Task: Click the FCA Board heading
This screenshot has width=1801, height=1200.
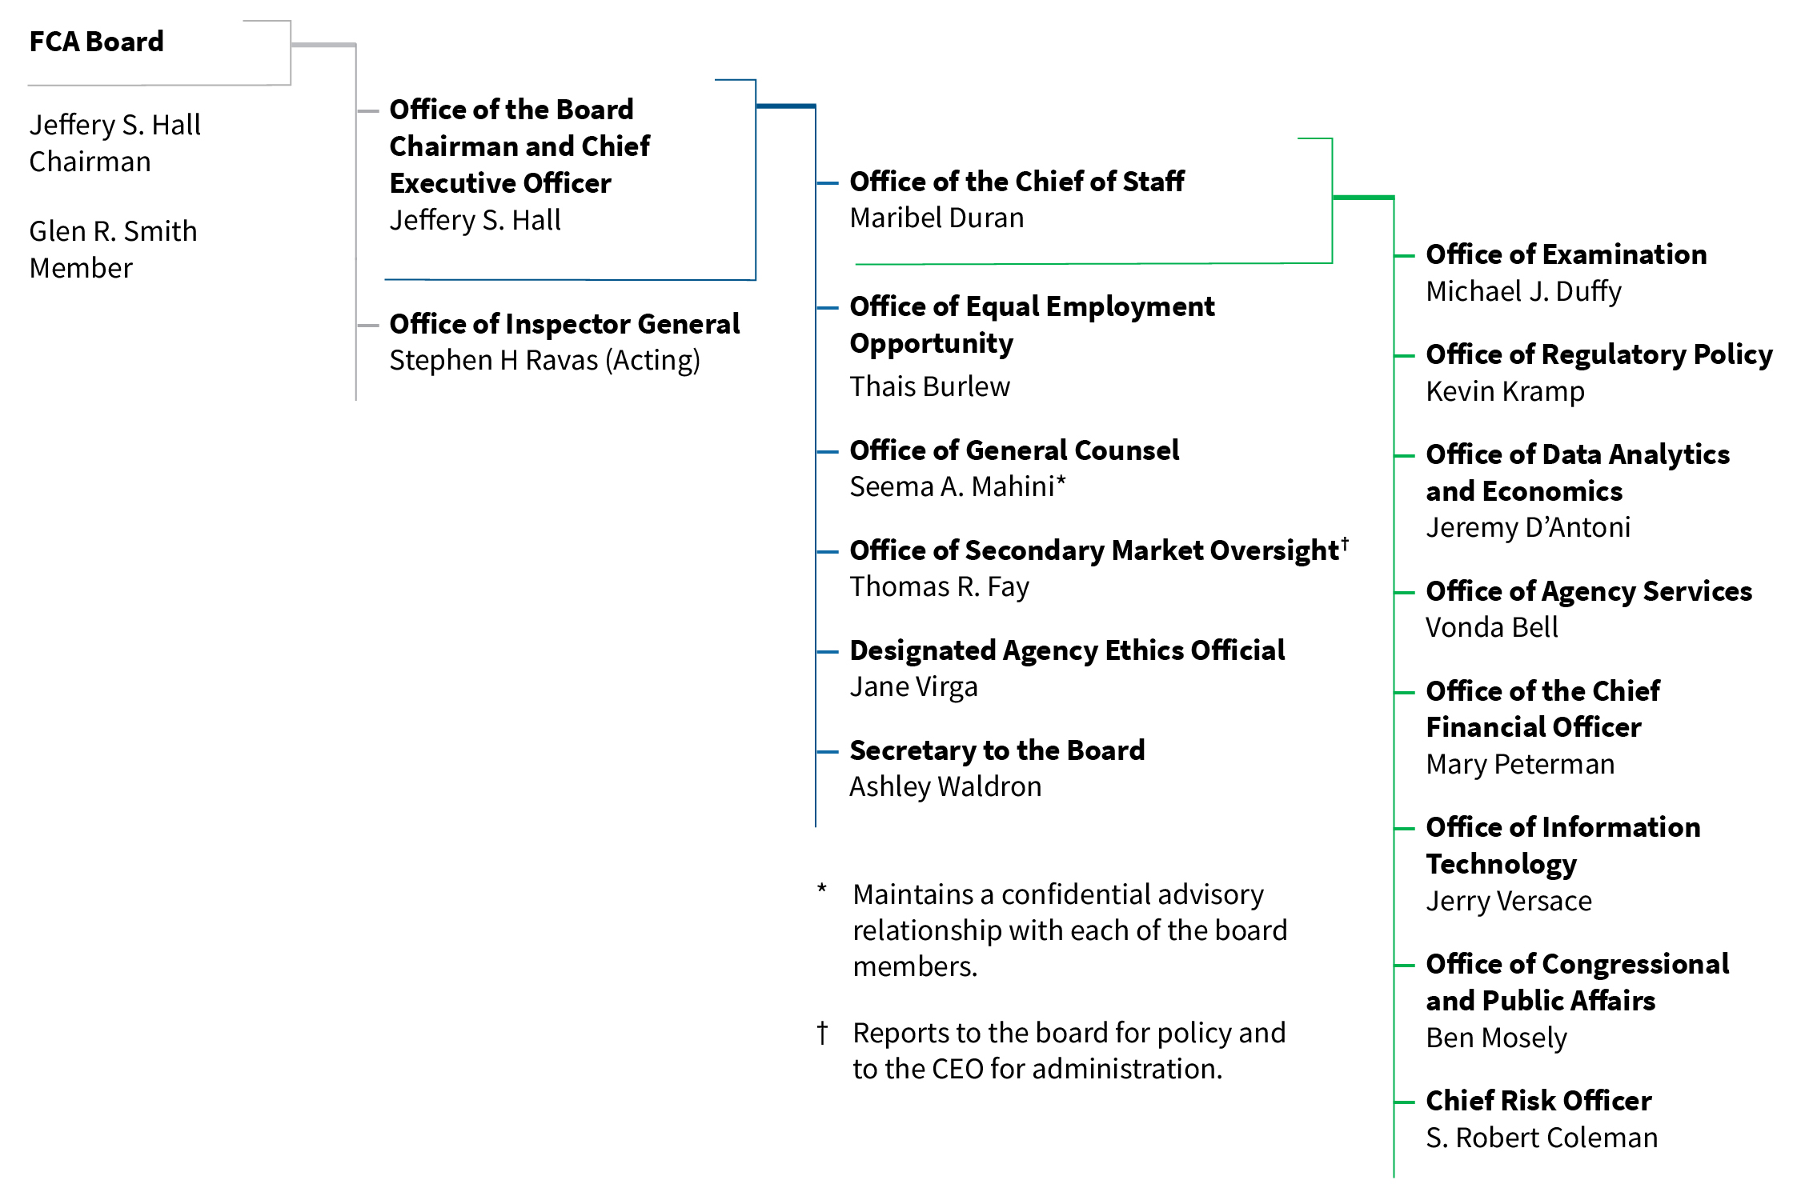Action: [x=96, y=42]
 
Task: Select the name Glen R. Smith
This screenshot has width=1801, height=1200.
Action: [x=113, y=231]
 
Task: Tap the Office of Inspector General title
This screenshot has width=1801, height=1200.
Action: [x=564, y=324]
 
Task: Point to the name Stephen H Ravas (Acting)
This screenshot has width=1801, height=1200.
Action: [x=544, y=361]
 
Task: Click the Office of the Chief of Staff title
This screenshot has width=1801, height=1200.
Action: [x=1017, y=182]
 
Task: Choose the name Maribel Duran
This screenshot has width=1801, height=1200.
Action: [x=937, y=218]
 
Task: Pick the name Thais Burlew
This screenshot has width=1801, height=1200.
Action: [x=929, y=387]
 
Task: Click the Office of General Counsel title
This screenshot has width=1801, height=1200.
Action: [x=1014, y=450]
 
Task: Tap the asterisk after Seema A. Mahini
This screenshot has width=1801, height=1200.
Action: [x=1061, y=482]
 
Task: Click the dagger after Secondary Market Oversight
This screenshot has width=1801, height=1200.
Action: [x=1346, y=542]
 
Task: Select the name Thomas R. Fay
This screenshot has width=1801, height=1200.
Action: [x=939, y=587]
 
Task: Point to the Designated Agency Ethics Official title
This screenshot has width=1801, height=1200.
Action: [x=1067, y=650]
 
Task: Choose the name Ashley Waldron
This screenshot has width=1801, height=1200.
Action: [x=945, y=787]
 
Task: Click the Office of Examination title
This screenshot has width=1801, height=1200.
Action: [x=1566, y=254]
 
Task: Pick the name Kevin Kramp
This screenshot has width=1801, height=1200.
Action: [x=1505, y=392]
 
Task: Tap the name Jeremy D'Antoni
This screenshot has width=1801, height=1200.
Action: [x=1527, y=528]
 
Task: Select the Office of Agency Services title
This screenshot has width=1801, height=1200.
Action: [x=1589, y=591]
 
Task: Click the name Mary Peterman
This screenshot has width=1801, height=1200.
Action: [x=1520, y=765]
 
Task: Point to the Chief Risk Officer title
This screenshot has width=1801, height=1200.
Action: [x=1538, y=1101]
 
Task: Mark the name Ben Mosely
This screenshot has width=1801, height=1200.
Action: [x=1496, y=1038]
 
